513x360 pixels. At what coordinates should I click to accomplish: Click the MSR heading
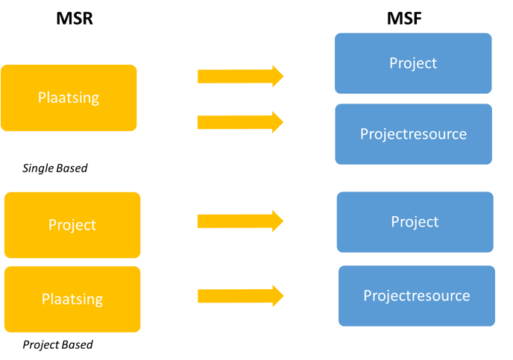(75, 19)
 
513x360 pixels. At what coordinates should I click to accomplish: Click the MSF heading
(404, 19)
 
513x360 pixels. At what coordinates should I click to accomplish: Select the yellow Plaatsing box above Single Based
(69, 98)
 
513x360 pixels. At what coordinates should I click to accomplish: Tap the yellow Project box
(72, 225)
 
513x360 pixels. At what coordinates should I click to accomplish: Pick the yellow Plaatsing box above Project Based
(72, 299)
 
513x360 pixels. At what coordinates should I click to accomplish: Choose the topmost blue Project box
(413, 63)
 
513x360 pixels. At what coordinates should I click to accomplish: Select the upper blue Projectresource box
(414, 134)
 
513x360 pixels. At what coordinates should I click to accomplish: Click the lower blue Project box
(415, 222)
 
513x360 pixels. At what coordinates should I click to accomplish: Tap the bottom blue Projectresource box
(417, 296)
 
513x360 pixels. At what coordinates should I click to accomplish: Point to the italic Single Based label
(55, 168)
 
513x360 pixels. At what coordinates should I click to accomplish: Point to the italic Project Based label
(57, 344)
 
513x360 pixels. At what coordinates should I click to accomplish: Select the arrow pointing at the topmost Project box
(240, 76)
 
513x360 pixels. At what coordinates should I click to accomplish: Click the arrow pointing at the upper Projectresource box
(240, 122)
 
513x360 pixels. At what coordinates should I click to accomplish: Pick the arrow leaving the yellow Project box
(240, 221)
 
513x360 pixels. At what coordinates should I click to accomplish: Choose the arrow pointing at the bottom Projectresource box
(240, 296)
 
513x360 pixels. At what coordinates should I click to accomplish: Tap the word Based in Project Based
(78, 344)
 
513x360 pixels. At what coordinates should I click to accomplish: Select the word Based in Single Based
(72, 168)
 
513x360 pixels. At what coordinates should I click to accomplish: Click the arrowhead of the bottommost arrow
(278, 296)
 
